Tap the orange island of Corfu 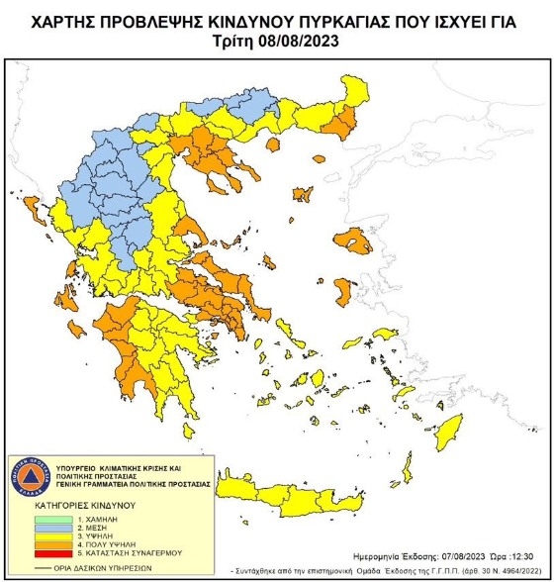(x=29, y=210)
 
